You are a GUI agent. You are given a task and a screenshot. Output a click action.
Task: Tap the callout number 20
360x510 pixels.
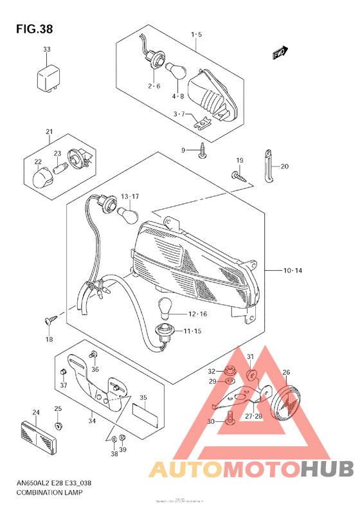284,167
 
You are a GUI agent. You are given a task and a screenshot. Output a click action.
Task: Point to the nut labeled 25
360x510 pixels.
59,426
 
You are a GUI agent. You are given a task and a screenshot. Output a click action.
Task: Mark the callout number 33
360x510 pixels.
46,50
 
